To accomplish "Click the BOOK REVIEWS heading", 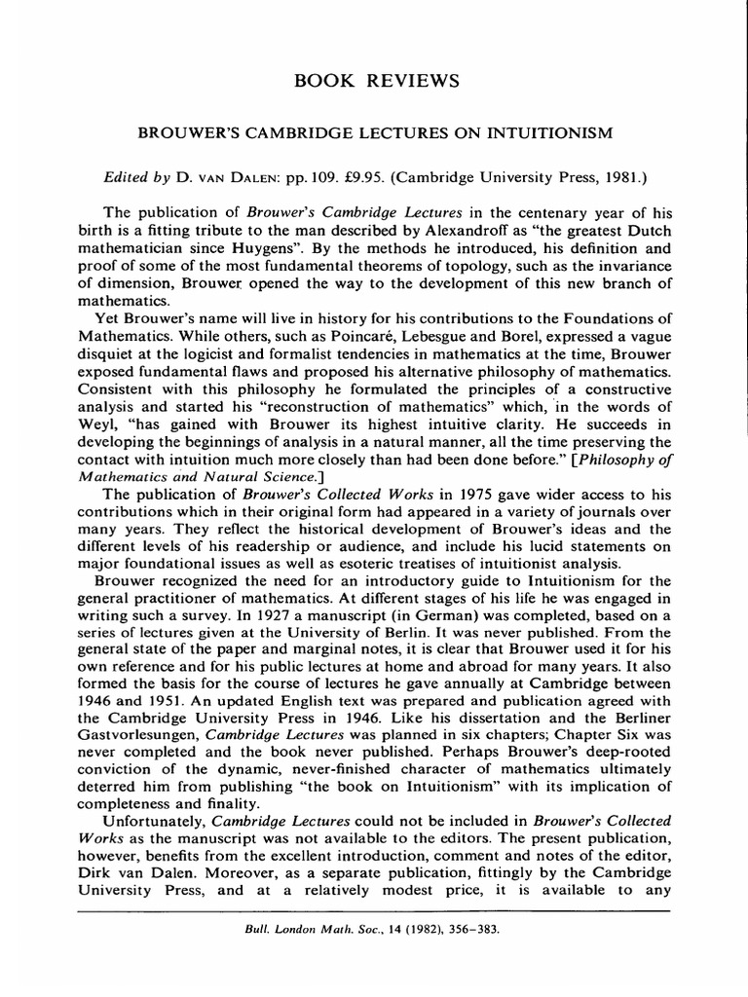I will (x=373, y=79).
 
